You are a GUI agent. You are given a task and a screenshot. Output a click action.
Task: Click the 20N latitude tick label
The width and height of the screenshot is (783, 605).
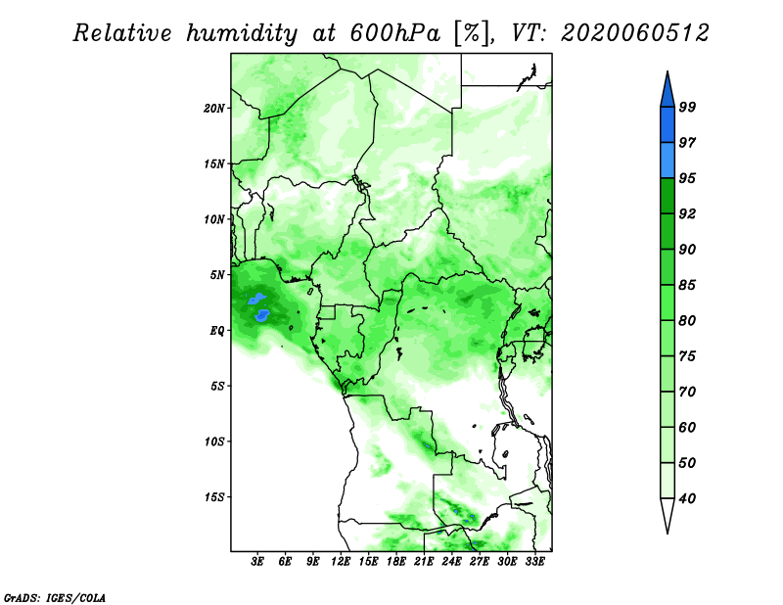tap(214, 108)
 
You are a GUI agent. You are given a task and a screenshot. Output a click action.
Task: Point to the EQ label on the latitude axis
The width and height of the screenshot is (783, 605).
tap(217, 331)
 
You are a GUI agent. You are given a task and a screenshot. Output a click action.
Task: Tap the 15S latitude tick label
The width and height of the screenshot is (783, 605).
tap(214, 497)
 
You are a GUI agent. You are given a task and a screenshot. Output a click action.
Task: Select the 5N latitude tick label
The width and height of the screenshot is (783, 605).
tap(217, 275)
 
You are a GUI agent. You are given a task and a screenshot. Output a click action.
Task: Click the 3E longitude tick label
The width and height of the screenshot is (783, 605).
tap(257, 562)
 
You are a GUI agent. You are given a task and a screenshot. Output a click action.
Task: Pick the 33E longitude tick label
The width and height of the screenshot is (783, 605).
tap(534, 562)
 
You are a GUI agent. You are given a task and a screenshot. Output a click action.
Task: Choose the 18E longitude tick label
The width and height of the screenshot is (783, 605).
tap(396, 562)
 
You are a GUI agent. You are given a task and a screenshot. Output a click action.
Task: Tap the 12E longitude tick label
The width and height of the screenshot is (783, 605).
tap(341, 562)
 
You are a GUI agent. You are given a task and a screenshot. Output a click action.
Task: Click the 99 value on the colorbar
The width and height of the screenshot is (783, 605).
tap(687, 107)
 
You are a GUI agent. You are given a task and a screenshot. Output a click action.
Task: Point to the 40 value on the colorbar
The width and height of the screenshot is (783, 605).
tap(687, 498)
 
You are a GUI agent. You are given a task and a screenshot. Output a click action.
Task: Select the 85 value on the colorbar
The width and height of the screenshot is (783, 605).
tap(687, 285)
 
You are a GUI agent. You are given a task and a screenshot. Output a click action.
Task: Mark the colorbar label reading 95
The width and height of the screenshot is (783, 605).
tap(687, 178)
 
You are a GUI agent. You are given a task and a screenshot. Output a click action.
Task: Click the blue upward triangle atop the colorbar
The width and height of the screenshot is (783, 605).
tap(668, 91)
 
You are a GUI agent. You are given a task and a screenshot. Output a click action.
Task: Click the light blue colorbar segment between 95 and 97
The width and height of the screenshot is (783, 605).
tap(668, 161)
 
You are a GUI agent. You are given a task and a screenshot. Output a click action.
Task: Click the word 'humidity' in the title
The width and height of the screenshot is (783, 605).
tap(242, 34)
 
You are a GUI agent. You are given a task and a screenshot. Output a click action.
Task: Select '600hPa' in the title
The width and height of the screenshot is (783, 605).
tap(395, 33)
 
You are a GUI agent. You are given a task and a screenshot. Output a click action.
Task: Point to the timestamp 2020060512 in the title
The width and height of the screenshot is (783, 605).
tap(635, 33)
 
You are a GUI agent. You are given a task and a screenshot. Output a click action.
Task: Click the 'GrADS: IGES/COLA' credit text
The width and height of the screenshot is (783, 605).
tap(55, 597)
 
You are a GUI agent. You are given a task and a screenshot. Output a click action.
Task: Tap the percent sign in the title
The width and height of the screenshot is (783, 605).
tap(471, 33)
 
